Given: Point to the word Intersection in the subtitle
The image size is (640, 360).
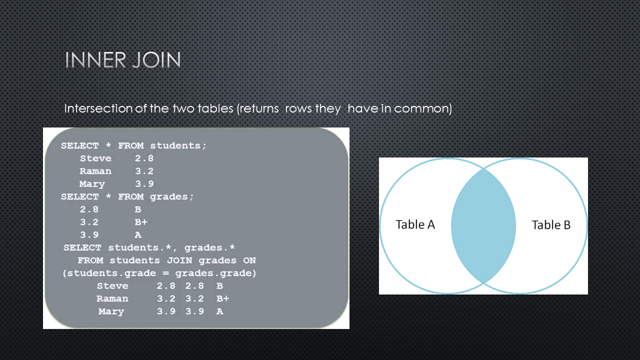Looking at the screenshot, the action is (x=98, y=108).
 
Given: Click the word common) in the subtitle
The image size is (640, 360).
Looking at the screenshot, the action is (x=423, y=109).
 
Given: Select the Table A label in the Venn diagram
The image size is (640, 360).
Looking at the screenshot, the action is (x=415, y=224).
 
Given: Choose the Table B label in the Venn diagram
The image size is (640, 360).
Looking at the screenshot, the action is (x=551, y=225).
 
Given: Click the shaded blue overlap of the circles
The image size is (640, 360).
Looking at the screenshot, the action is (x=483, y=225).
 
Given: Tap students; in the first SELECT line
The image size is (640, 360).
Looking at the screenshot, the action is (x=178, y=145).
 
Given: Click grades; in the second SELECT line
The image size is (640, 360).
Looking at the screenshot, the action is (x=171, y=196).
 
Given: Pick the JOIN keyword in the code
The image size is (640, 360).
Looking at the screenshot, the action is (x=179, y=260).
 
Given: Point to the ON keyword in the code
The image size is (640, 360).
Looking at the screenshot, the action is (x=249, y=260).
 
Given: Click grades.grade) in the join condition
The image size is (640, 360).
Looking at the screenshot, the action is (x=215, y=273).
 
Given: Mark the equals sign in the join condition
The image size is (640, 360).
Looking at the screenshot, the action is (x=165, y=273).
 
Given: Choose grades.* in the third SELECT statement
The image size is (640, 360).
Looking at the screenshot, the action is (x=209, y=247).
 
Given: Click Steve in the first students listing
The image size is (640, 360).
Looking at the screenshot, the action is (x=95, y=158).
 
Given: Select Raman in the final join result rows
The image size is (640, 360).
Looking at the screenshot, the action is (x=112, y=298).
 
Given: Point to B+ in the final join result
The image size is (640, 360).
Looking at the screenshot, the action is (x=223, y=298).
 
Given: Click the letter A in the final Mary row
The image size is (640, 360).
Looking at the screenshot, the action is (x=219, y=311).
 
